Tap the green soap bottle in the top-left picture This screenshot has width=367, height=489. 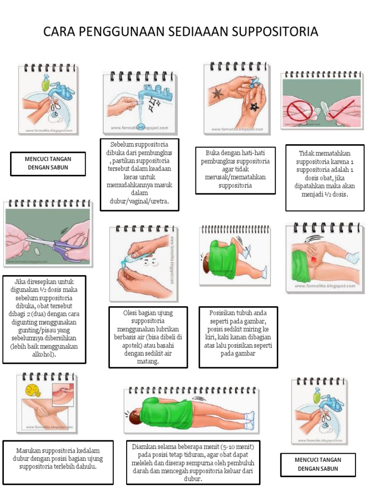click(x=45, y=85)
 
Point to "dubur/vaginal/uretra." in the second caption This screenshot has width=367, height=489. click(x=140, y=201)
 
